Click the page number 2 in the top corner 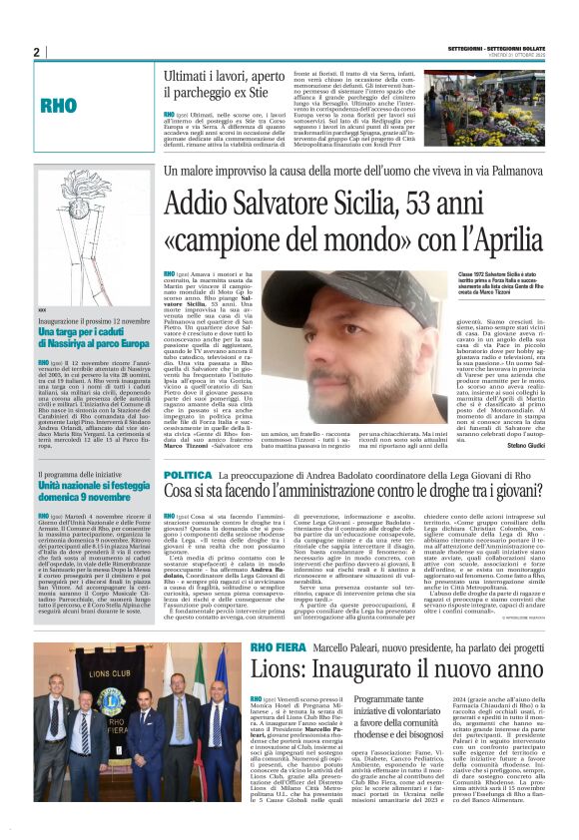click(36, 52)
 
